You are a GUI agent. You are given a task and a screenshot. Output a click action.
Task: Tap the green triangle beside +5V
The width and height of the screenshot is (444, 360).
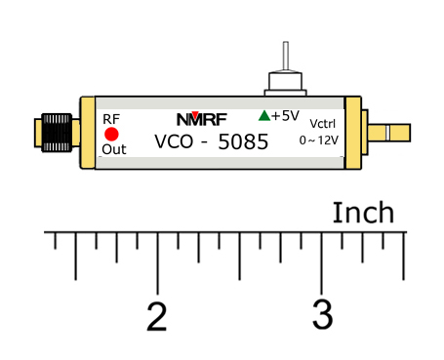pos(263,115)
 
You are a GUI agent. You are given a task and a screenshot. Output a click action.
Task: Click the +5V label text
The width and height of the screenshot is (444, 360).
pos(285,115)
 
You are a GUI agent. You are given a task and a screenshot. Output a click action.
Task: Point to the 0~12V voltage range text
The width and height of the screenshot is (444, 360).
pos(318,140)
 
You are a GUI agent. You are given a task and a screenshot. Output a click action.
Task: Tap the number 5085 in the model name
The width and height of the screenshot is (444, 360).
pos(244,142)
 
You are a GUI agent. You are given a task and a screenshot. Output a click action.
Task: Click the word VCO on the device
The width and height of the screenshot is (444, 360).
pos(175,142)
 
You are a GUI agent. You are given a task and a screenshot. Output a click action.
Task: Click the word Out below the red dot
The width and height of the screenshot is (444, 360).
pos(114,149)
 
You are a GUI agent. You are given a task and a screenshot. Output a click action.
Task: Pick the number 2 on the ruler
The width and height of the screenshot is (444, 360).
pos(156,315)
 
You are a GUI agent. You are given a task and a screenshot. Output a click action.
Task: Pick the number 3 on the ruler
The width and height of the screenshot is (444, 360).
pos(322,315)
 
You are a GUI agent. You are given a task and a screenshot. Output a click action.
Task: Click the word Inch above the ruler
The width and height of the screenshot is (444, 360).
pos(363,213)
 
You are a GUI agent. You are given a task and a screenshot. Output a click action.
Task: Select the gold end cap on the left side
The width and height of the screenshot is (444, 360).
pos(88,135)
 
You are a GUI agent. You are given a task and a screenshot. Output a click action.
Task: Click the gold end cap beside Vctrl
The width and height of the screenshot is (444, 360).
pos(352,134)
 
